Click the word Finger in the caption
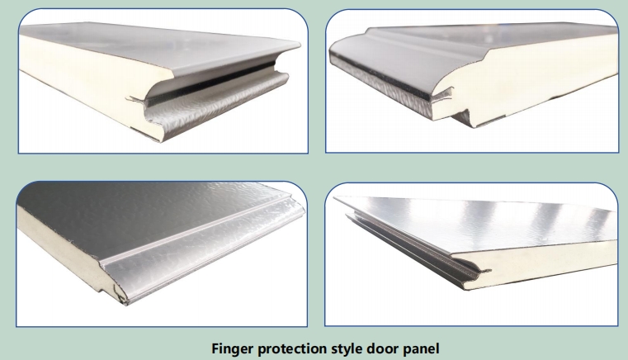coord(233,348)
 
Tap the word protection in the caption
coord(292,348)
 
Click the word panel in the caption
coord(420,348)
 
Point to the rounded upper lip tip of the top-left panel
coord(297,45)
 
